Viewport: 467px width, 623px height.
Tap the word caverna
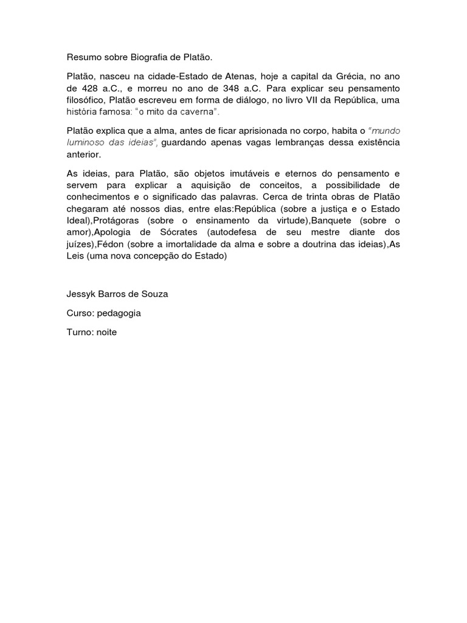click(197, 113)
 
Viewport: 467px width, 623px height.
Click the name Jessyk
click(81, 294)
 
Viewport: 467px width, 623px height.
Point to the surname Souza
click(154, 294)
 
